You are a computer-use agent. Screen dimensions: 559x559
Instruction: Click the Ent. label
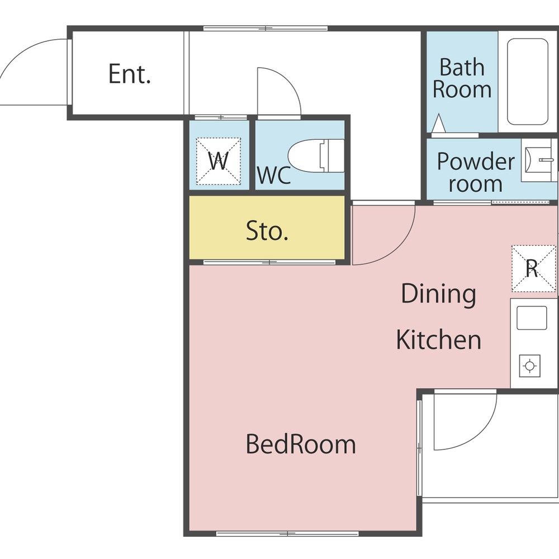[130, 74]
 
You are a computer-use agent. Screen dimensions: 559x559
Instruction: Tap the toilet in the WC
[316, 156]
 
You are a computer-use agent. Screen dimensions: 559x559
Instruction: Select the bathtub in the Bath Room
[527, 82]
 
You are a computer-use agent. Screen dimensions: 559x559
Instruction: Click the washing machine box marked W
[219, 161]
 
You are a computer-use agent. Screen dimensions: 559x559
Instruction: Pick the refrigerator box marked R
[534, 268]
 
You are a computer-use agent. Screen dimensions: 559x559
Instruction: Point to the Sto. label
[267, 231]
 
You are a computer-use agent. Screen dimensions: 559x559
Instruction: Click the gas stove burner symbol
[529, 366]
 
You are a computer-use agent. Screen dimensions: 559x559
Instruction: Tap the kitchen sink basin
[532, 318]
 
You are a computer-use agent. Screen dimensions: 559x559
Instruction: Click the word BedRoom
[301, 444]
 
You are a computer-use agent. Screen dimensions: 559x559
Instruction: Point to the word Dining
[438, 294]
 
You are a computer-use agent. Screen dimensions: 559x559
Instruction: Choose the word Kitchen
[438, 340]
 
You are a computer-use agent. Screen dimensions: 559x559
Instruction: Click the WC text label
[274, 175]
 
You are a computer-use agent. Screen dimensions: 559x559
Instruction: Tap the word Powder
[476, 161]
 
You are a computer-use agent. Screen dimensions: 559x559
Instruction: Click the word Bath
[462, 67]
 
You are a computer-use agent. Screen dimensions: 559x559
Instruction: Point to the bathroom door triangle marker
[438, 123]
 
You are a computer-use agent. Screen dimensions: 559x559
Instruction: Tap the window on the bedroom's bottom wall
[287, 534]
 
